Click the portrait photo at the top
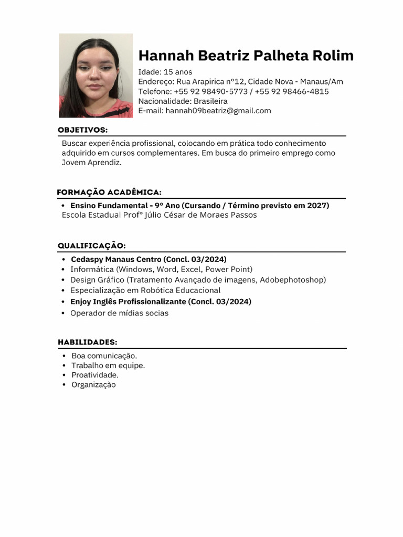pos(96,76)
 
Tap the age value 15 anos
pos(178,72)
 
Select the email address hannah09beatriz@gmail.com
pos(218,111)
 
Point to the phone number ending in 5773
pos(211,91)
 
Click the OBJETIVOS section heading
pos(82,130)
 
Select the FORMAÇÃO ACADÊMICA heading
pos(109,192)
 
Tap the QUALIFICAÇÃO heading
pos(91,245)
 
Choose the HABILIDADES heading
pos(87,342)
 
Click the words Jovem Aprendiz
pos(91,163)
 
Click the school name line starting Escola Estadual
pos(159,215)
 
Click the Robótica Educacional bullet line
pos(145,290)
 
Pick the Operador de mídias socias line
pos(119,313)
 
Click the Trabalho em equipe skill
pos(108,365)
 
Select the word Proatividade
pos(95,375)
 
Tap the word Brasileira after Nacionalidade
pos(210,101)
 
